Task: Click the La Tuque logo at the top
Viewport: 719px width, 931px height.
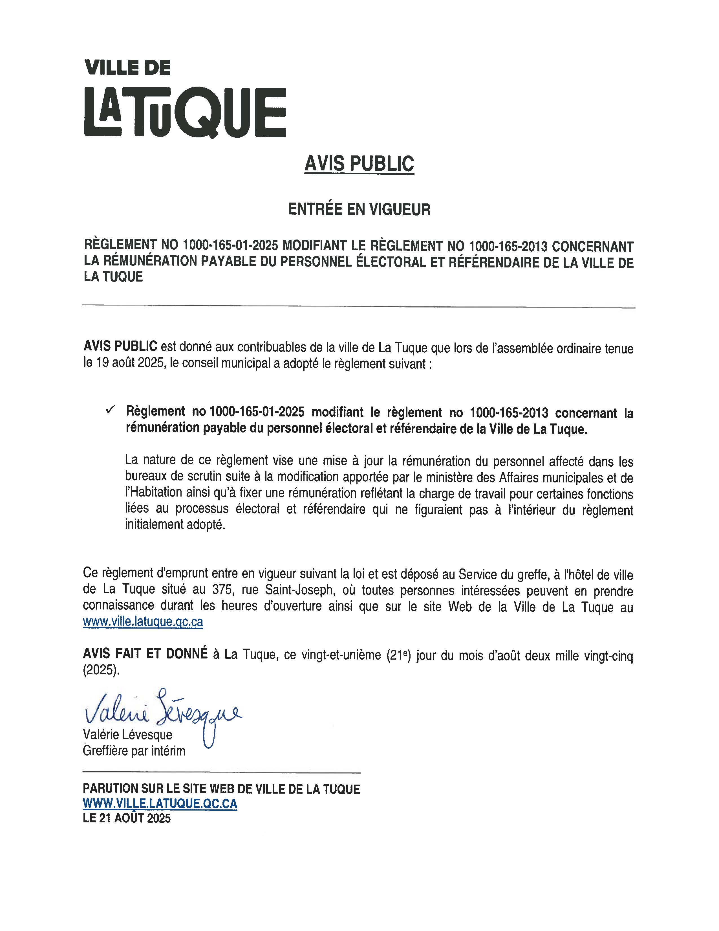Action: coord(185,112)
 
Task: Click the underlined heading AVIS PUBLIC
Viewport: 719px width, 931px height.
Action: coord(359,164)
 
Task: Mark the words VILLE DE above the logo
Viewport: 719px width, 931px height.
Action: coord(128,67)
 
